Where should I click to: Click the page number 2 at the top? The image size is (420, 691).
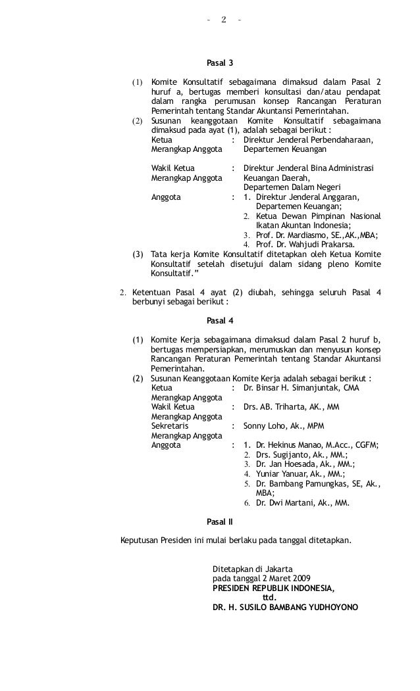224,20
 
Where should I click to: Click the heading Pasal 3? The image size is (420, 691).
220,64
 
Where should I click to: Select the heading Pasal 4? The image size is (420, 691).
220,321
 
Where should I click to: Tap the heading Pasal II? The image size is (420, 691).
220,523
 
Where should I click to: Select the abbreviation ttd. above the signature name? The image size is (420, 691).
269,598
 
